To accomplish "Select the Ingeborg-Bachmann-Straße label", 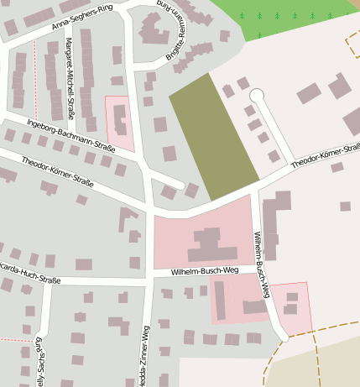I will click(71, 135).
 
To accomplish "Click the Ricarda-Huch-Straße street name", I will click(30, 279).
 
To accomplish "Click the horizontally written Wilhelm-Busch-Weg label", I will click(205, 271).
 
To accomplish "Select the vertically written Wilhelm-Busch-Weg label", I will click(262, 264).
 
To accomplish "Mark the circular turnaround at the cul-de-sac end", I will click(257, 95).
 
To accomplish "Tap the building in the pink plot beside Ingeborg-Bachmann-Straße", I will click(120, 121).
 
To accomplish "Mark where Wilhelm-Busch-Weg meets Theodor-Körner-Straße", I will click(254, 189).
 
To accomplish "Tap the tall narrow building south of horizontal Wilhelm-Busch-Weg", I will click(220, 300).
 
